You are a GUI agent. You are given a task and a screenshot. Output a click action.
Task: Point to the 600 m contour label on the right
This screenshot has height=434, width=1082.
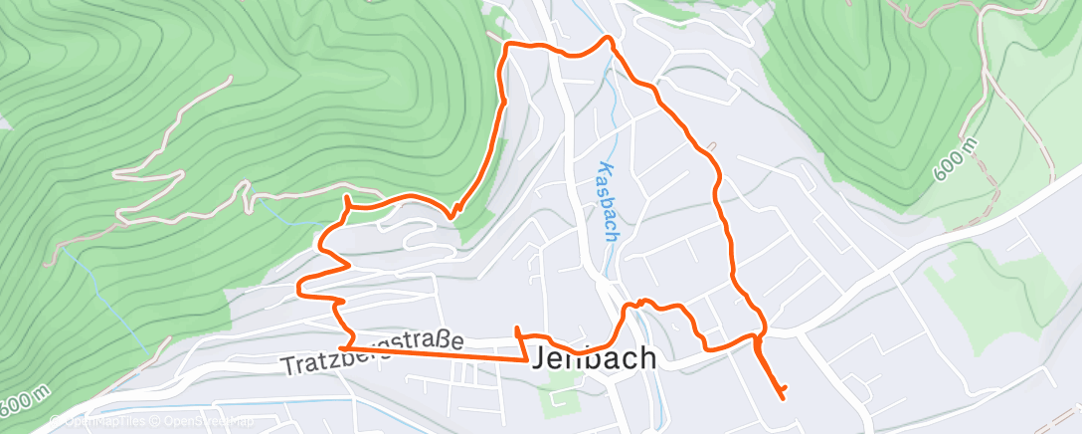pos(957,161)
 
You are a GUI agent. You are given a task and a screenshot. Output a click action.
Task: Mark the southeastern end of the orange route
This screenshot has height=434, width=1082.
pos(785,398)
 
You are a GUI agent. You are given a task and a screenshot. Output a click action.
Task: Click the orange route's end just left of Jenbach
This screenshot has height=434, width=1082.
pos(516,327)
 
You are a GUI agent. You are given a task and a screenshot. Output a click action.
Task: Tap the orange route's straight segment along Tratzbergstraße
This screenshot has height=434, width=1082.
pos(438,353)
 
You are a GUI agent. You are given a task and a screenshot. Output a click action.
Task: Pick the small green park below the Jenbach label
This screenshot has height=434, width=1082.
pos(558,397)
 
